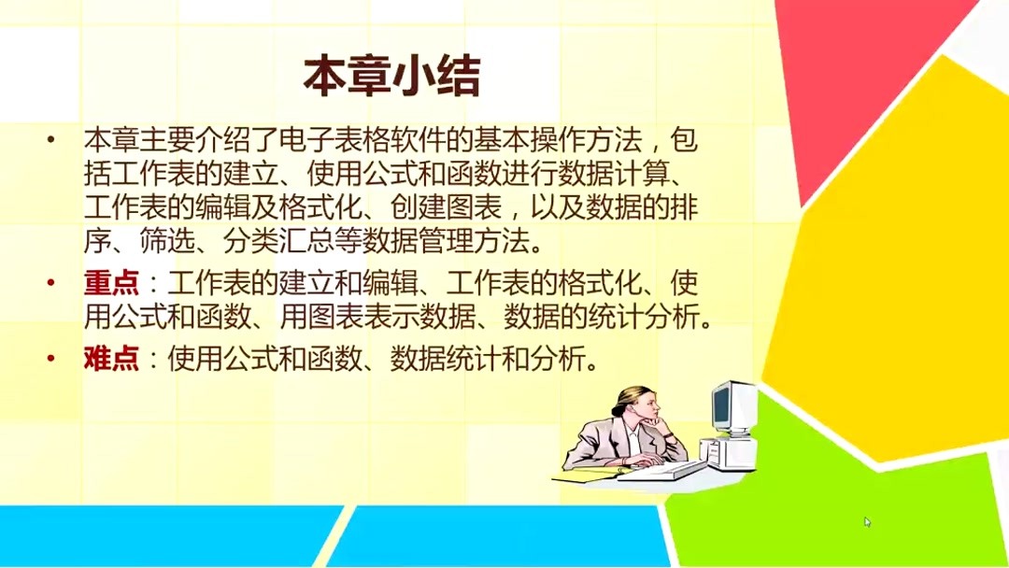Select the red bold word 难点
click(111, 359)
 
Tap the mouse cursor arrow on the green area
click(867, 521)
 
